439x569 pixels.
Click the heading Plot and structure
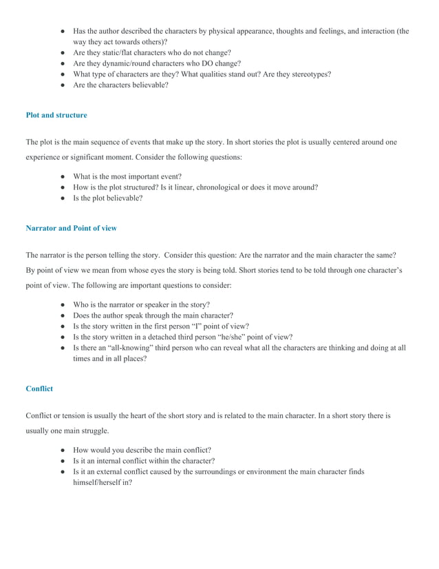coord(56,115)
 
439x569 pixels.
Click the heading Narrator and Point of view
coord(71,227)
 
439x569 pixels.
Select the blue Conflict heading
coord(39,389)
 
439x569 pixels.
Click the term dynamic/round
coord(129,63)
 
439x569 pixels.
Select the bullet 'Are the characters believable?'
coord(120,85)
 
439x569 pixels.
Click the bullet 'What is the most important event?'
coord(137,176)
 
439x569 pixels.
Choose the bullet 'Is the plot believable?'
coord(108,198)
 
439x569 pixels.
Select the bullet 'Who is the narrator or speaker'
coord(142,304)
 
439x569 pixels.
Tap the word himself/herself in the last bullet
coord(102,483)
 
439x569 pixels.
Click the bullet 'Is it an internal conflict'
coord(144,461)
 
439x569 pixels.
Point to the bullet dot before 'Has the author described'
coord(62,31)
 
